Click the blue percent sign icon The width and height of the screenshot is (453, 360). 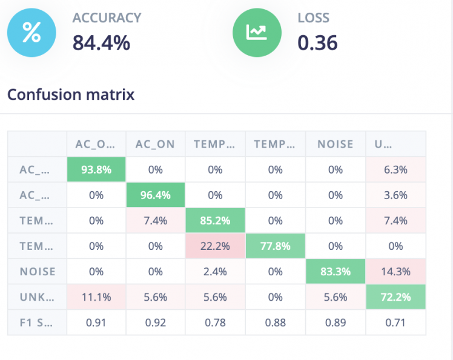pos(31,33)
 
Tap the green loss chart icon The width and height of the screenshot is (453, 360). pos(257,33)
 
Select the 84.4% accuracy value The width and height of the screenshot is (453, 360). pos(101,42)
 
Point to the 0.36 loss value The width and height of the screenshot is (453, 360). pos(317,42)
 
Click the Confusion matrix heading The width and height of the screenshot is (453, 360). pos(70,94)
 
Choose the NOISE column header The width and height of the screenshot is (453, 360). pos(336,144)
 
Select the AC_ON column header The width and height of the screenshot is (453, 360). pos(155,144)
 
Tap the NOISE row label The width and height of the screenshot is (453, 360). pos(36,272)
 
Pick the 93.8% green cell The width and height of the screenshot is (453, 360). pos(96,169)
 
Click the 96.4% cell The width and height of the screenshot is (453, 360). pos(155,195)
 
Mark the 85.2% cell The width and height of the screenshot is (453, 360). pos(214,221)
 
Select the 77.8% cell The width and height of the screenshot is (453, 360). pos(275,246)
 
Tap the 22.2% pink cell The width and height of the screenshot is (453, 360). pos(214,246)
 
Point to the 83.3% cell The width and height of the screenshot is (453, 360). pos(336,272)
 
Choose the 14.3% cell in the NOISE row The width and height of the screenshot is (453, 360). pos(395,272)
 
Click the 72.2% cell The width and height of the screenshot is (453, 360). pos(395,297)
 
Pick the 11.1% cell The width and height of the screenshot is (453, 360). pos(96,297)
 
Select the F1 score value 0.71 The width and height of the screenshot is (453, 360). pos(395,322)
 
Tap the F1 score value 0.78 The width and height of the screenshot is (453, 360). pos(214,322)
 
